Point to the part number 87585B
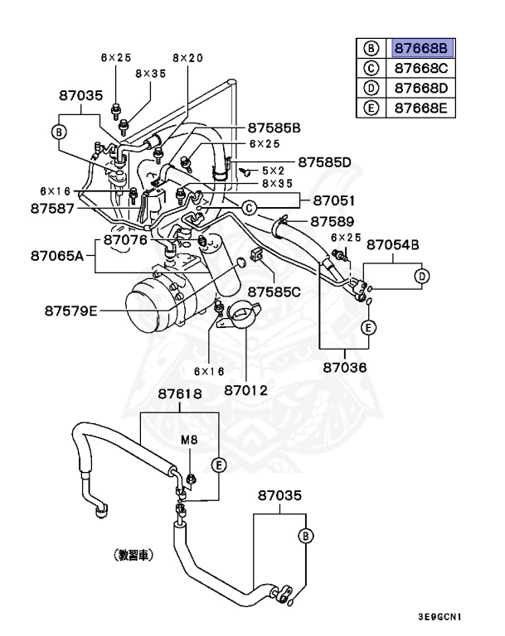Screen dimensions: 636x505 tap(274, 128)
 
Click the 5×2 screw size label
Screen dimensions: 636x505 tap(274, 170)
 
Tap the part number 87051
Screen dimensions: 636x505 tap(334, 200)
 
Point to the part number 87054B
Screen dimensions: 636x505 tap(393, 244)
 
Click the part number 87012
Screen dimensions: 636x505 tap(246, 388)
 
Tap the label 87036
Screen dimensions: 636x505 tap(345, 365)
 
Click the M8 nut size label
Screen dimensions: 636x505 tap(190, 441)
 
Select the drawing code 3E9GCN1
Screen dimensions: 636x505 tap(439, 617)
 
